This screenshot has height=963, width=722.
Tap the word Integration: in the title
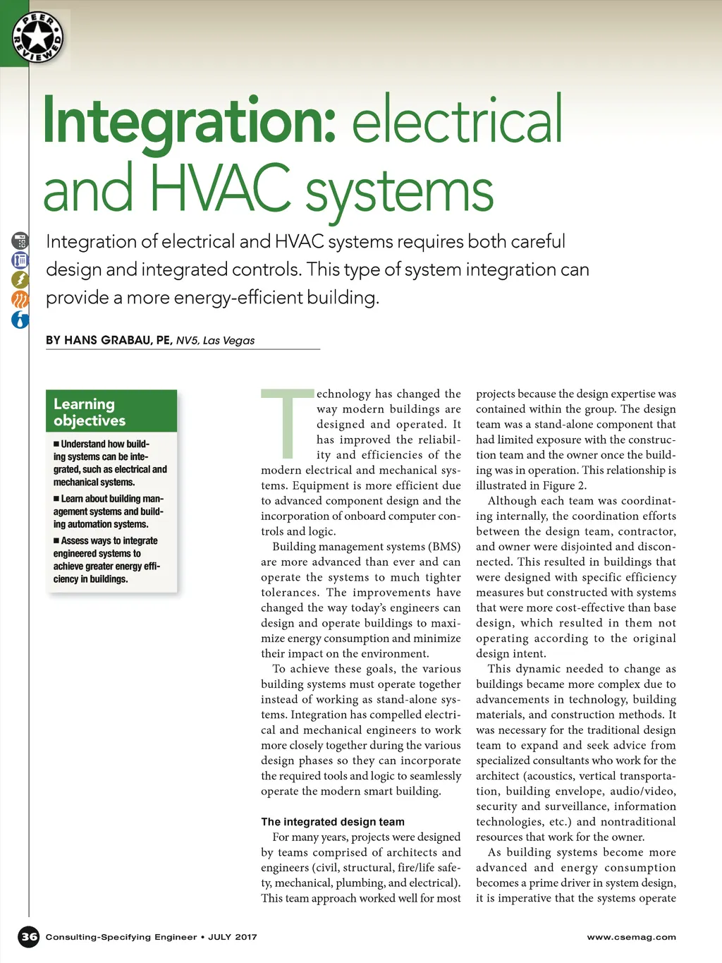(189, 121)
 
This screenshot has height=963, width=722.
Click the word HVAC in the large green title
(220, 189)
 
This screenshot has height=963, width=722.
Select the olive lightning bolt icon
(20, 279)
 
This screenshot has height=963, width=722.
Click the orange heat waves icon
(20, 299)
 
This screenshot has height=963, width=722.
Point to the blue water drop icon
(20, 320)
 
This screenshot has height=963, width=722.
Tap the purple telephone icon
(20, 260)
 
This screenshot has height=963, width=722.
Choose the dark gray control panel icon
(20, 241)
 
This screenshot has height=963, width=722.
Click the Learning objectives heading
(90, 412)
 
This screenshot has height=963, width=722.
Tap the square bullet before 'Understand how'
(56, 444)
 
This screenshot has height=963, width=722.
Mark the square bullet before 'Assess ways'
(56, 541)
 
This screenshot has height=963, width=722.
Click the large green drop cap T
(287, 423)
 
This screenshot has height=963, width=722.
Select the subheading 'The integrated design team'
(333, 822)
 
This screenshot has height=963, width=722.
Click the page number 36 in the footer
(29, 937)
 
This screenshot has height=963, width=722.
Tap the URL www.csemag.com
(631, 937)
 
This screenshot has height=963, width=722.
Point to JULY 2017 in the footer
(233, 937)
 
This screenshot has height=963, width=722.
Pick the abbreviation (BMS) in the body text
(444, 547)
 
